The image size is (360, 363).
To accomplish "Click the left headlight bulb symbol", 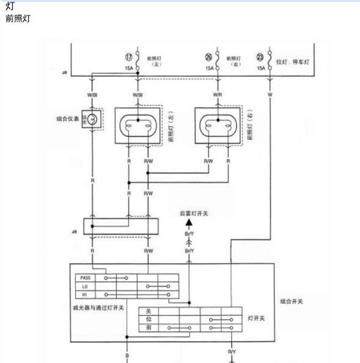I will coord(138,126).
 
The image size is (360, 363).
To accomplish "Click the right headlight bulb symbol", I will coord(218,126).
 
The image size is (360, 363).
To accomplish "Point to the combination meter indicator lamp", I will coord(93,120).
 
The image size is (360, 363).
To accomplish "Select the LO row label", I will coord(84,286).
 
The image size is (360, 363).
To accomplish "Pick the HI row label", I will coord(84,295).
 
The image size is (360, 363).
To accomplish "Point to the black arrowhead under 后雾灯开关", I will coord(189,223).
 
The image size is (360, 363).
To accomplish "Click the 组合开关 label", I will coord(292,301).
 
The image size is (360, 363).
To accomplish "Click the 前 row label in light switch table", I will coord(149,328).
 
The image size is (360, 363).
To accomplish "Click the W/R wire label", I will coord(218,94).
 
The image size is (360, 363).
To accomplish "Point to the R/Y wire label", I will coord(231,352).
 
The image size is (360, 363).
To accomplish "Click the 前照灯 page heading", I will coord(17,19).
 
